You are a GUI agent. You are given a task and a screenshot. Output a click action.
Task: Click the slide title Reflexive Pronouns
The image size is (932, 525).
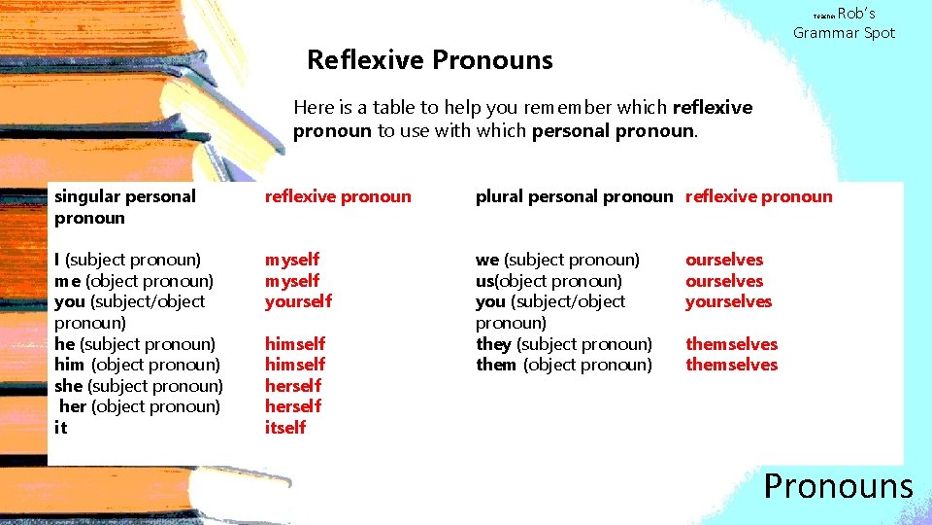[429, 60]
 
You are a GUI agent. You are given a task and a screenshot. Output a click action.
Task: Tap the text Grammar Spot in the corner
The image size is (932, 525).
[844, 33]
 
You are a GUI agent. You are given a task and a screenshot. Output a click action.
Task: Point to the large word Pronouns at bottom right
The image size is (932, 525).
[838, 485]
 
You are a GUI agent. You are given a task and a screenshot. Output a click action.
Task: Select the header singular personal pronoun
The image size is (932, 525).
[125, 206]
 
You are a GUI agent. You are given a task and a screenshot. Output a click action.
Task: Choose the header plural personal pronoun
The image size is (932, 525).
[573, 196]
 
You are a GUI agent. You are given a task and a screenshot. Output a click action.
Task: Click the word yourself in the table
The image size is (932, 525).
[298, 301]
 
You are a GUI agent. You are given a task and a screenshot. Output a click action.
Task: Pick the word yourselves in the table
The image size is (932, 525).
[728, 301]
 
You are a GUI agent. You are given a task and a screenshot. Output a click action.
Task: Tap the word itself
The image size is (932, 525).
[285, 428]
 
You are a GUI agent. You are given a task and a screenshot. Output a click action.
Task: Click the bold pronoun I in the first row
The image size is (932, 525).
[57, 260]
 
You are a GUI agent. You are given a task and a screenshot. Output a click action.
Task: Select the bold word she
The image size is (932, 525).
[68, 386]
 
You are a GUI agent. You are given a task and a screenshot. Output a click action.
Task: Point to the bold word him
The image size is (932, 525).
[69, 365]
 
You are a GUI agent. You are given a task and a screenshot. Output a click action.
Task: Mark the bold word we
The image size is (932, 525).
[486, 260]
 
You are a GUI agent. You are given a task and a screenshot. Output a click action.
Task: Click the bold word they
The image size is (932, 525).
[493, 343]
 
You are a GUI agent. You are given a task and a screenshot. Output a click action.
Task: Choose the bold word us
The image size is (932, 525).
[484, 281]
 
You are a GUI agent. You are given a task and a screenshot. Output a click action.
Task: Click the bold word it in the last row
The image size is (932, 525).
[60, 428]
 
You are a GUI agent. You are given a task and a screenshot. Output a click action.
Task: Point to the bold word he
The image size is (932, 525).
[64, 343]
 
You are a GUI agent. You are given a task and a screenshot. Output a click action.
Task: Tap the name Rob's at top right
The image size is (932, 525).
[856, 14]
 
